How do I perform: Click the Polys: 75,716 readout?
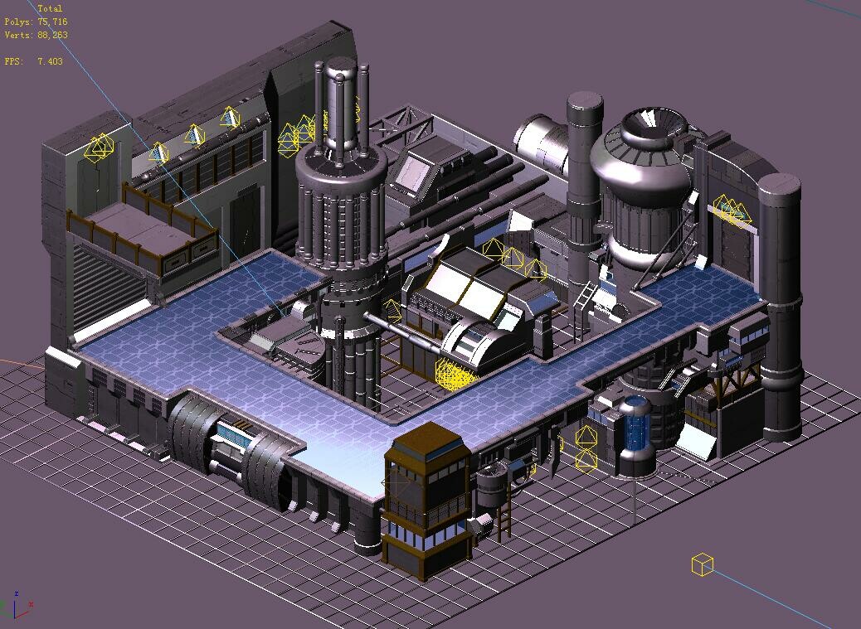36,22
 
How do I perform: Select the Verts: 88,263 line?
36,36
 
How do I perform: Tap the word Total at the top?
50,8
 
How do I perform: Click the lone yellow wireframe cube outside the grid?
702,564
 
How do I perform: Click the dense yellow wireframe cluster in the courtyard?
455,373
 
